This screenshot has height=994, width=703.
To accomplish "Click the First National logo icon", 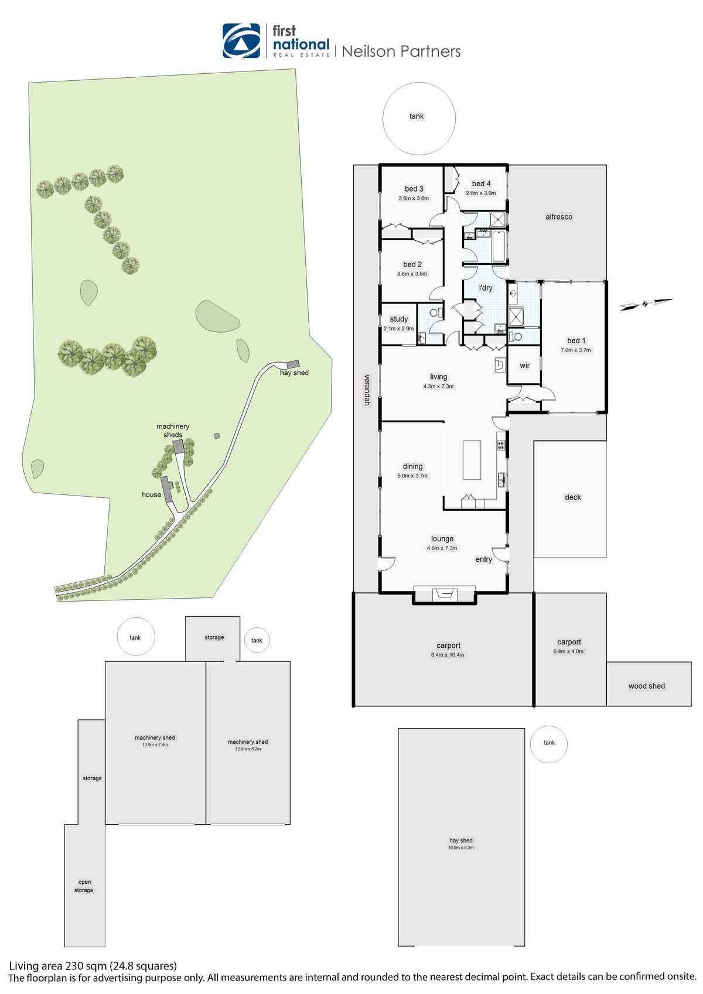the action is [241, 41].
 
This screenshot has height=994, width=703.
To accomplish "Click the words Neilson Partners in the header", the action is [401, 52].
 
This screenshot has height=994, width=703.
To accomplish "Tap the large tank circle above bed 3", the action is [419, 118].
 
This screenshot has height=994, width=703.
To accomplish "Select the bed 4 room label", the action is [481, 184].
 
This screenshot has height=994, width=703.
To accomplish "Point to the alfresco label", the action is [559, 217].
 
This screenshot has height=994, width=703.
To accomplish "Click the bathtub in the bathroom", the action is [499, 246].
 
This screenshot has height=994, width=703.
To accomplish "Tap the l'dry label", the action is [486, 288].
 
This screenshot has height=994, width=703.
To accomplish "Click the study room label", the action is [398, 319].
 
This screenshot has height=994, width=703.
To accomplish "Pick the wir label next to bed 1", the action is [524, 366].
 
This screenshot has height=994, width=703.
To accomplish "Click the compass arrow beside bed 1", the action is [646, 304].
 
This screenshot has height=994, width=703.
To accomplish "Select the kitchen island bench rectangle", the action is [472, 460].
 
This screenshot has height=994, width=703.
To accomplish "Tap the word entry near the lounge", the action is [484, 559].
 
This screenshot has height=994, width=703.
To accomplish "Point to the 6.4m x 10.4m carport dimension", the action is [448, 655].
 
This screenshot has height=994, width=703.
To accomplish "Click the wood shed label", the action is [647, 686].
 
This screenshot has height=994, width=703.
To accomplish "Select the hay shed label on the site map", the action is [294, 373].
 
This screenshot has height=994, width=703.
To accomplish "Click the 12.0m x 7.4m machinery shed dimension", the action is [155, 744].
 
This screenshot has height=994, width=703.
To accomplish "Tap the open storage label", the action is [84, 886].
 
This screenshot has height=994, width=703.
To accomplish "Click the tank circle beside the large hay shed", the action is [549, 744].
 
